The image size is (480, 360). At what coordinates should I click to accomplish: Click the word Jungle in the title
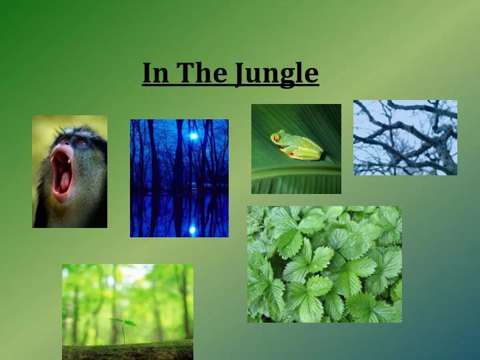click(276, 74)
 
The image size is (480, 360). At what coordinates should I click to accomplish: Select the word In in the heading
click(155, 73)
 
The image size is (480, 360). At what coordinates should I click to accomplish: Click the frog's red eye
click(275, 138)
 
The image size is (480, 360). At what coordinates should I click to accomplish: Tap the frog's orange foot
click(291, 155)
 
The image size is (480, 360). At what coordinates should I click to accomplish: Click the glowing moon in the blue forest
click(193, 136)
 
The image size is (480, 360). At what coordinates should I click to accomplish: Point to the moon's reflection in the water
click(193, 229)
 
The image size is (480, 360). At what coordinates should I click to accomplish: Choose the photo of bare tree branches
click(405, 137)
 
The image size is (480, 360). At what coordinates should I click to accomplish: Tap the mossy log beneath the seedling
click(127, 351)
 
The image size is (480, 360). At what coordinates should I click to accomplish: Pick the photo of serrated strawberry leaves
click(324, 264)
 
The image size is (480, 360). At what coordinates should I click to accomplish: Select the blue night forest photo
click(179, 178)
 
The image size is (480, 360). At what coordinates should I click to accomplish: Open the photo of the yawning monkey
click(69, 171)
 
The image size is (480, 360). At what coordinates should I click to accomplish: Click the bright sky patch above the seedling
click(133, 273)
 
